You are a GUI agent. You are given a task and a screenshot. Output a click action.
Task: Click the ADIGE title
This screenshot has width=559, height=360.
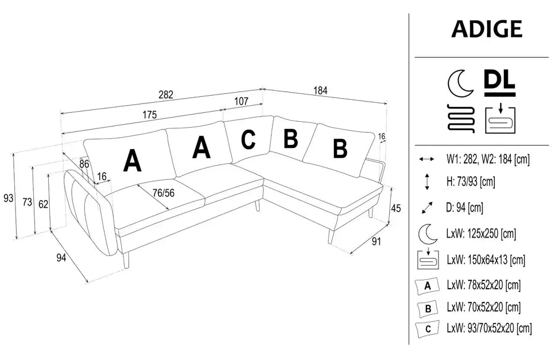point(487,29)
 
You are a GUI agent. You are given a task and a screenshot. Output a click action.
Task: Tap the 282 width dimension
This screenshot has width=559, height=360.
point(166,94)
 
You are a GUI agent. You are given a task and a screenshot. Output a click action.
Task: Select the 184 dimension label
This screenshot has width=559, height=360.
point(321,91)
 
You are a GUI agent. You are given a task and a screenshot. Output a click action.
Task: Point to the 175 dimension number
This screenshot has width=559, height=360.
point(141,115)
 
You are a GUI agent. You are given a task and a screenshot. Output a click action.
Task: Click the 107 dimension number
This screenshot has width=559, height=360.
point(241,101)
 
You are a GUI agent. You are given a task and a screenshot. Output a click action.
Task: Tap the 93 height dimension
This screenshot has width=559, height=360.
point(8,198)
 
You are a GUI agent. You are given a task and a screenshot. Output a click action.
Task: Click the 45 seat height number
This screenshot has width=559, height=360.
point(396,209)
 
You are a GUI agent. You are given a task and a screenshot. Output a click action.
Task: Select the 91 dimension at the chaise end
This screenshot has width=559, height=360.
point(376,241)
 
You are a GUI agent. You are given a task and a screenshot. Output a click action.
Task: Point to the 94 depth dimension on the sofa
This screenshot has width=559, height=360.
point(61,257)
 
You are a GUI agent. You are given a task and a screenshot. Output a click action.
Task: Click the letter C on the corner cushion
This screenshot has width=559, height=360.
point(248,139)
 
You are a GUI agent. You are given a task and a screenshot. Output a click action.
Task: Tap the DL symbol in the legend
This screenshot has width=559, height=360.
point(500,82)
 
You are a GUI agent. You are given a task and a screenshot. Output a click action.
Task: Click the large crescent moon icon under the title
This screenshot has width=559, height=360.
point(459,82)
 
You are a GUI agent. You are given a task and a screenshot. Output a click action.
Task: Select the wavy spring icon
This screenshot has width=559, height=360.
point(460,118)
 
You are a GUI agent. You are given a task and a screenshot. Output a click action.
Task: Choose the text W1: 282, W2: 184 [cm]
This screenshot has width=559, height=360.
point(488,159)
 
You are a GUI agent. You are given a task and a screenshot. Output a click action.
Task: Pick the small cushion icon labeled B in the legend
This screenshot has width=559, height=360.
point(427,308)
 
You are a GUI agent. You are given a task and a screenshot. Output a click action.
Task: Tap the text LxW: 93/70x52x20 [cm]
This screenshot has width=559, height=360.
point(489,327)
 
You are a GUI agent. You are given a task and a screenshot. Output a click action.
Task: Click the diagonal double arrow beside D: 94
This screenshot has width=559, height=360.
point(427,207)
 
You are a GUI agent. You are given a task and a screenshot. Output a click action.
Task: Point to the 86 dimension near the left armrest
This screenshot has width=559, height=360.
point(84,163)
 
